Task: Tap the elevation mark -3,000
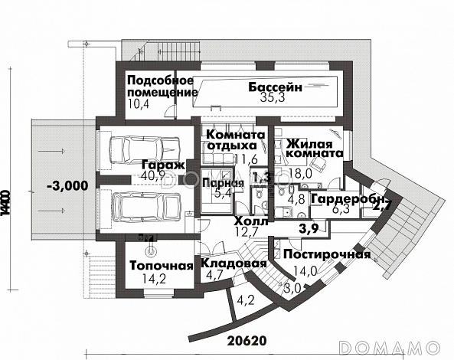(x=67, y=185)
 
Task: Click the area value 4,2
(x=246, y=299)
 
